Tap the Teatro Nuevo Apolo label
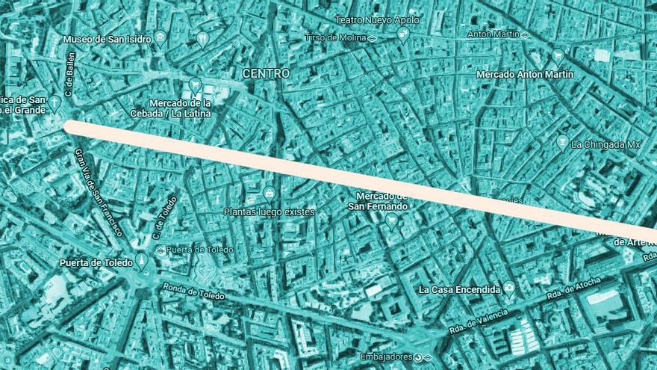click(x=377, y=20)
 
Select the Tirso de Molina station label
click(x=335, y=37)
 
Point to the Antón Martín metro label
click(x=492, y=34)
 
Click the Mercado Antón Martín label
click(x=524, y=75)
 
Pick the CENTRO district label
click(x=266, y=73)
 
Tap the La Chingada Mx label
click(x=605, y=144)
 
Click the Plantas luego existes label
click(x=269, y=212)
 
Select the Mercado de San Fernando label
click(x=382, y=201)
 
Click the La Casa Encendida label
click(x=459, y=289)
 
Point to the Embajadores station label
click(x=385, y=357)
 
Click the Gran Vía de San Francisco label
click(x=98, y=191)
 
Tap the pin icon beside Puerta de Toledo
click(x=141, y=260)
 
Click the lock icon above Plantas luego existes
click(x=269, y=194)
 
